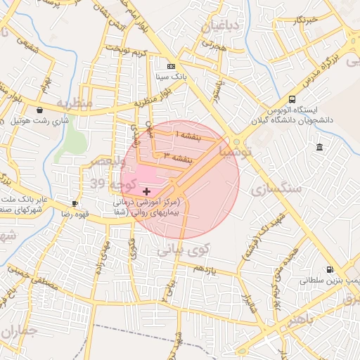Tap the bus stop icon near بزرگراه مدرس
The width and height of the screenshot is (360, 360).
coord(292,99)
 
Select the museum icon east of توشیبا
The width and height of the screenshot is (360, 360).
coord(320,147)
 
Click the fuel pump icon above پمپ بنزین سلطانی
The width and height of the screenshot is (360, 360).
coord(329,269)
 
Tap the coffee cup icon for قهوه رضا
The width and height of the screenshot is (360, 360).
coord(75,204)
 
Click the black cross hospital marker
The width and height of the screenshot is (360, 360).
coord(146,191)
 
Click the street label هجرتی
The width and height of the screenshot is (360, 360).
coord(209,43)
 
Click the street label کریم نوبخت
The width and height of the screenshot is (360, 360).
coord(127,51)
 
